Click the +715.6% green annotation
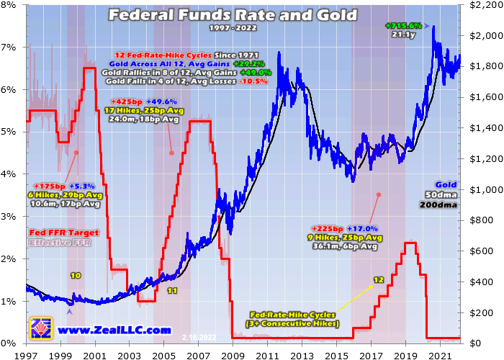click(404, 27)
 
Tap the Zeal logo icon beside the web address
click(40, 328)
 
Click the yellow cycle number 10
click(75, 276)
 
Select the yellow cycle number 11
click(171, 291)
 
